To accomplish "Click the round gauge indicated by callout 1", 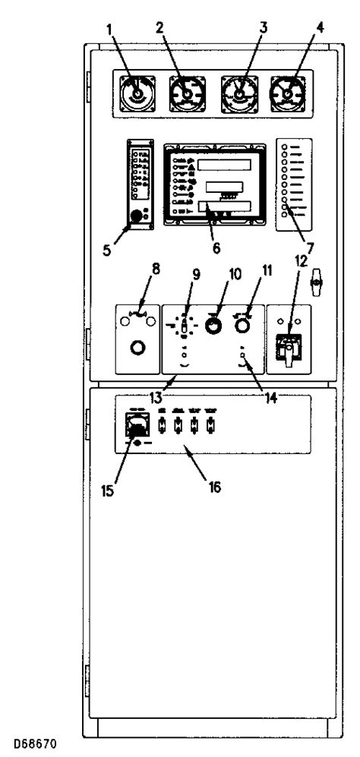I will [137, 94].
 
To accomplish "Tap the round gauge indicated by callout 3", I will [241, 95].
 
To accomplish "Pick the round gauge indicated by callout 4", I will [289, 94].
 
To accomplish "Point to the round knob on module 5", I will [137, 216].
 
